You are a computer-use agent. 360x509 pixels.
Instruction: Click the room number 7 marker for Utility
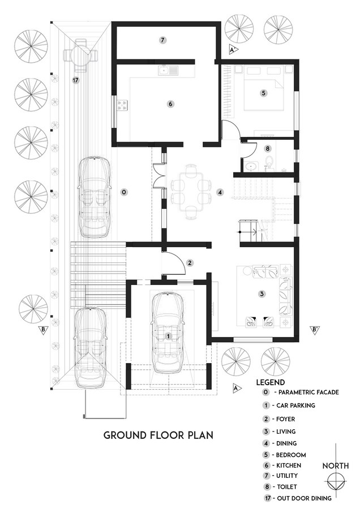163,40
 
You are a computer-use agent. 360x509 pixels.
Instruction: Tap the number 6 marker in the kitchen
170,104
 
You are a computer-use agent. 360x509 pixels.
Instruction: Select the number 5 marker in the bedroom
264,93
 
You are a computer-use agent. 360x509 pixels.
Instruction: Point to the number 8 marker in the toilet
267,149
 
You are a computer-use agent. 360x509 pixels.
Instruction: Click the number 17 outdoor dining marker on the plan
76,80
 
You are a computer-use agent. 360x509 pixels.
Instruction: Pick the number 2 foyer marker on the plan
190,263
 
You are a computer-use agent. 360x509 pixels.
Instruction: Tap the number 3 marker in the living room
262,294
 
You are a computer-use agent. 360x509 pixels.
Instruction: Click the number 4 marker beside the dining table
220,192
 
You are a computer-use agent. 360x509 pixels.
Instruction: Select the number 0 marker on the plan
123,192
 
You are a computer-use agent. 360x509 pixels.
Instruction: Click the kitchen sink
168,70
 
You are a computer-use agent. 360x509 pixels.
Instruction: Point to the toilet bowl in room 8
269,161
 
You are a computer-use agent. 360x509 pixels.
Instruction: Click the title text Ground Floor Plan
158,435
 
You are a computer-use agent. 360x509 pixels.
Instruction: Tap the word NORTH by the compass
335,466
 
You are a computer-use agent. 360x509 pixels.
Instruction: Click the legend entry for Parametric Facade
301,392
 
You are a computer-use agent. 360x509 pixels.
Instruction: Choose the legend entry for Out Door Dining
298,498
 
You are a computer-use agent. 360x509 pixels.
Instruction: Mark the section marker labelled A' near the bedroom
233,50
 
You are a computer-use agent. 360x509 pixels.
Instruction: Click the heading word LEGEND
271,382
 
